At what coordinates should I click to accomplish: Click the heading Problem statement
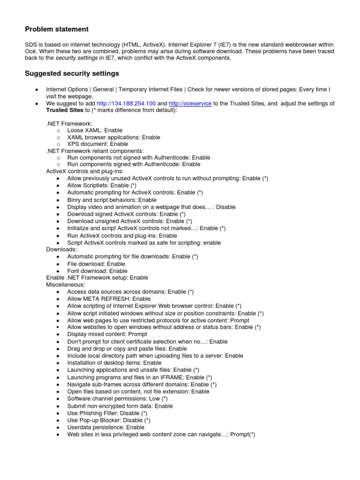[56, 29]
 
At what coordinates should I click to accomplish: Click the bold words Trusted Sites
[63, 110]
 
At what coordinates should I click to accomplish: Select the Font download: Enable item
[97, 271]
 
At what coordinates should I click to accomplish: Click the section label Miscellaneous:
[66, 285]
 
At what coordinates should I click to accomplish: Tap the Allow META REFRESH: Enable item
[109, 299]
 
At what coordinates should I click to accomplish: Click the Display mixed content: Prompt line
[107, 334]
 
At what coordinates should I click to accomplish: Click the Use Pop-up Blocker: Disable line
[108, 420]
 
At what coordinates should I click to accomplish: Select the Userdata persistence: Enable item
[105, 427]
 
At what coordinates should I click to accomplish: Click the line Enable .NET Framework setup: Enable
[97, 278]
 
